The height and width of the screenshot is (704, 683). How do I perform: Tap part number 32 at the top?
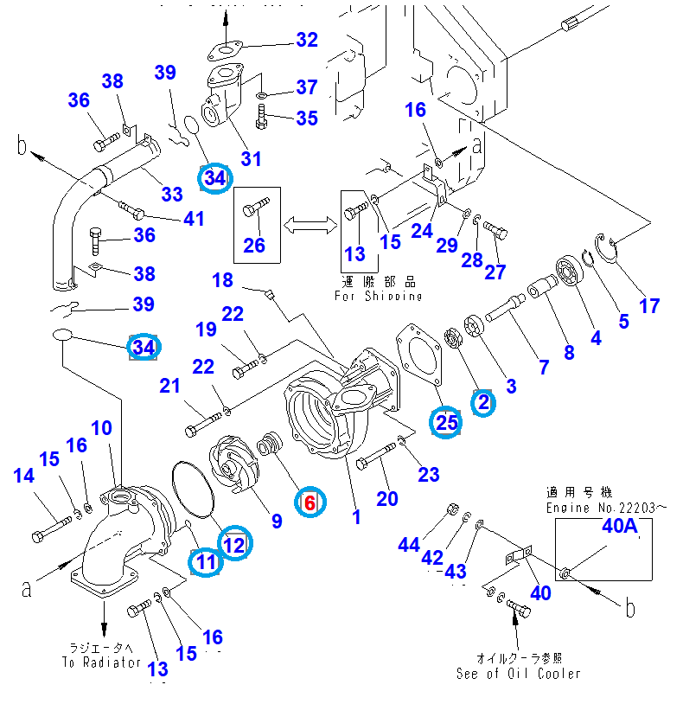(307, 40)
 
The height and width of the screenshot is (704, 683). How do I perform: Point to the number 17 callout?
(648, 305)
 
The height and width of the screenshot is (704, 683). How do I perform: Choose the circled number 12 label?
(233, 543)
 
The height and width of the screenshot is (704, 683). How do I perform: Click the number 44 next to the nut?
(409, 544)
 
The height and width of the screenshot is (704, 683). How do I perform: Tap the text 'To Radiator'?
(100, 662)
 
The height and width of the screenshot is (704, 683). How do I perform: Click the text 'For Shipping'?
(379, 296)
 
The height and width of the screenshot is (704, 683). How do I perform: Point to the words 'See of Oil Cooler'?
(519, 673)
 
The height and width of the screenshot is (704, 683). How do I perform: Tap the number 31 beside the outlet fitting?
(251, 158)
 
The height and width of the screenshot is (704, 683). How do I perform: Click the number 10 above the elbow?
(101, 427)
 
